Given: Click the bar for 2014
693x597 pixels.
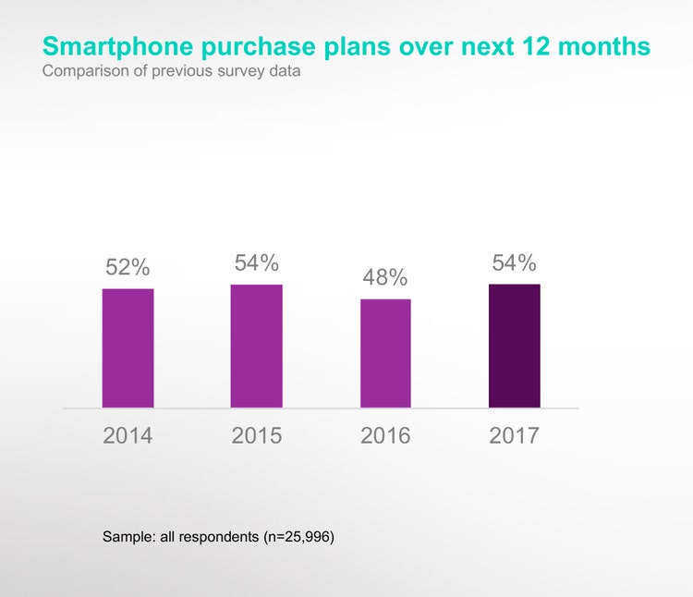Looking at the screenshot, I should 128,347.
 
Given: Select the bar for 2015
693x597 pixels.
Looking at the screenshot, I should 256,346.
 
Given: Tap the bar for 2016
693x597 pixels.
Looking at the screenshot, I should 385,353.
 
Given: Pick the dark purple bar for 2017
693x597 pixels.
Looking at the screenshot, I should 514,346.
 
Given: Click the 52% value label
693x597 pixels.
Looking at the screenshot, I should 128,267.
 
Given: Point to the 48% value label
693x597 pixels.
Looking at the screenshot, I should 385,277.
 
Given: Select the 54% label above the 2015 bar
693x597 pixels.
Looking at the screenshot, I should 256,262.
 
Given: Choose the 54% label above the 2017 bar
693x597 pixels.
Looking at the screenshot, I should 514,262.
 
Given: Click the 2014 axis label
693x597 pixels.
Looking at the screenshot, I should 128,435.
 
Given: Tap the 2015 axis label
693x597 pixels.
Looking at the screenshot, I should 256,435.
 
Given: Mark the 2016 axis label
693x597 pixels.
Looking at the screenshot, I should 385,435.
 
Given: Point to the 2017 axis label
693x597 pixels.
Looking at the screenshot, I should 514,435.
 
